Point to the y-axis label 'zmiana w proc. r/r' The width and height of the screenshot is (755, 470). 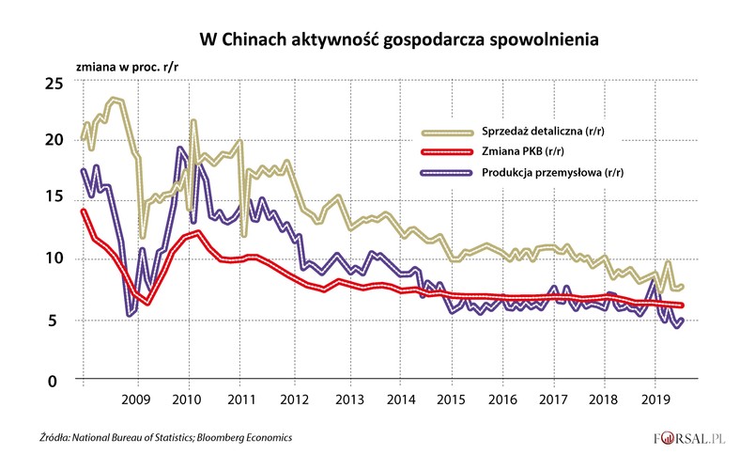click(131, 70)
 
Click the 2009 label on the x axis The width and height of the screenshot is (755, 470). click(138, 398)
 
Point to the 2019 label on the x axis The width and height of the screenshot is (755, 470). click(659, 398)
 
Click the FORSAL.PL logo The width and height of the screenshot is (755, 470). click(692, 439)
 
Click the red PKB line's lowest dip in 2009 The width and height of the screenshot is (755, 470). click(147, 303)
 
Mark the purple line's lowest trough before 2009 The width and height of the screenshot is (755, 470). click(130, 314)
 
